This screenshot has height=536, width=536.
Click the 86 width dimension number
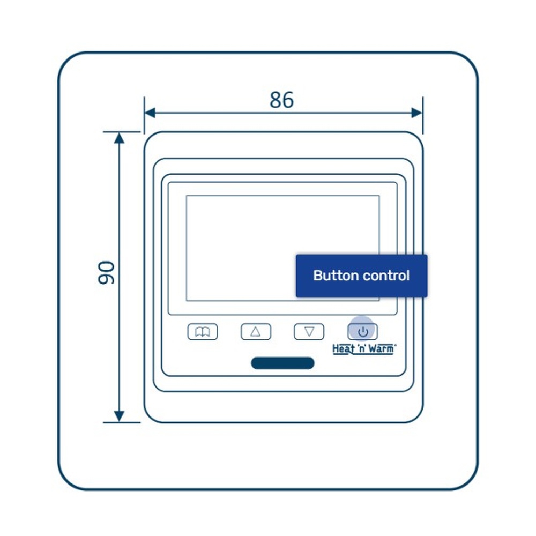281,100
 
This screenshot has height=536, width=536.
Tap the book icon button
202,332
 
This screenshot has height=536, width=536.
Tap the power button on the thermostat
363,331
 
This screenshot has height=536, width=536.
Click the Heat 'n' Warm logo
364,349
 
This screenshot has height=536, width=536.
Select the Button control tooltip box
361,276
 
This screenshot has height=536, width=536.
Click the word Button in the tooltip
336,276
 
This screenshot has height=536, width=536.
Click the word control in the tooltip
386,276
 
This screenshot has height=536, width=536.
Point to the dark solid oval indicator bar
282,363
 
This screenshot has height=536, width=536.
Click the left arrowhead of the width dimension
150,113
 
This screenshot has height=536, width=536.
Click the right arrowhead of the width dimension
417,113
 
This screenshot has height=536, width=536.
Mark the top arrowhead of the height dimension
120,138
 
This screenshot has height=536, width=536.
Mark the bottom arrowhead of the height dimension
120,416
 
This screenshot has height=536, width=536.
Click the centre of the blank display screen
282,248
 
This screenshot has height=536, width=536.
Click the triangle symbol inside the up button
256,332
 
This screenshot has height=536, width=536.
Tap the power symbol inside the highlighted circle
363,331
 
